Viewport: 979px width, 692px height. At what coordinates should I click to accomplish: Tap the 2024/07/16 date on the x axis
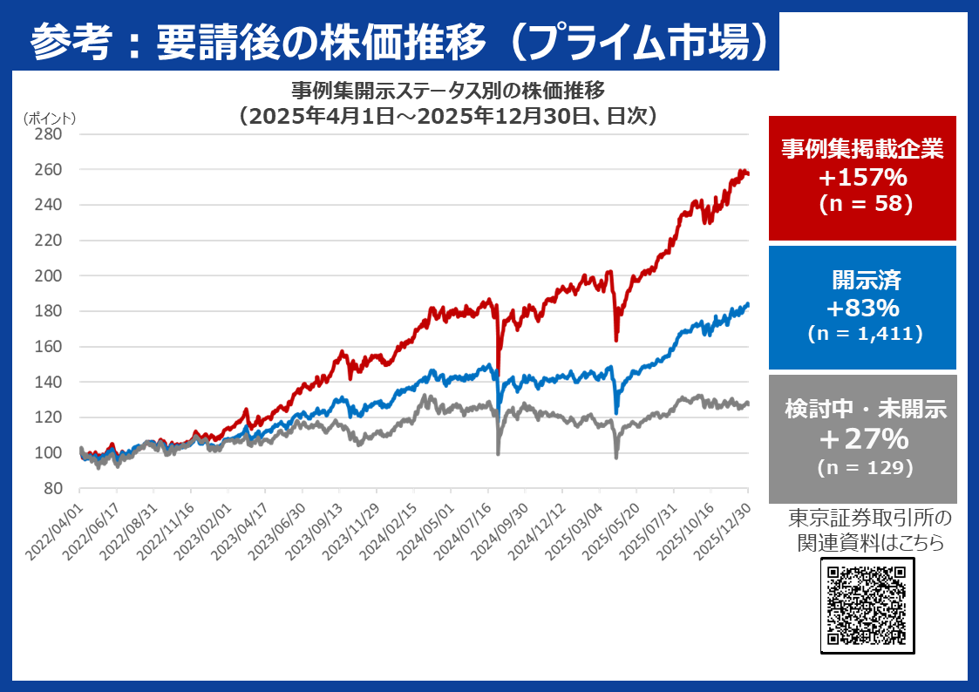(470, 525)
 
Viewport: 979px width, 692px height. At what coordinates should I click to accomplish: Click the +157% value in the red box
(863, 179)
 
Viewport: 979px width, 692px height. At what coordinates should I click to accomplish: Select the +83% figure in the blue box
(863, 309)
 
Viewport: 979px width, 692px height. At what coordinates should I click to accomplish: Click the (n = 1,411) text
(863, 333)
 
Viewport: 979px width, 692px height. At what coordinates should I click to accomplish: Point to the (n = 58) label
(863, 204)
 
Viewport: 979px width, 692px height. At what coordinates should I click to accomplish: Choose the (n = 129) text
(863, 467)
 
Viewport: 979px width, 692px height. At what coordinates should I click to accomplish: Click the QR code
(867, 606)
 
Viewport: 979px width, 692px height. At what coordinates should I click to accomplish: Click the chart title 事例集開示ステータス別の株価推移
(447, 91)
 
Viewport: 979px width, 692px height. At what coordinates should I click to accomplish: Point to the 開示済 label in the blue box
(863, 281)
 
